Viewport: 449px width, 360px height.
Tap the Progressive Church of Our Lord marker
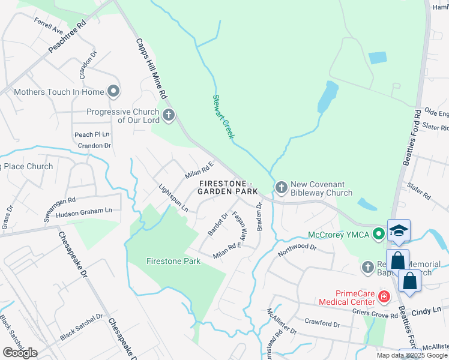click(x=169, y=115)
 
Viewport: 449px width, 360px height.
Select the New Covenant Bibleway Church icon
click(x=282, y=188)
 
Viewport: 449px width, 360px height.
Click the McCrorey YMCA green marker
click(x=378, y=234)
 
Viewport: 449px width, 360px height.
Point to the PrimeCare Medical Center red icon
click(x=383, y=297)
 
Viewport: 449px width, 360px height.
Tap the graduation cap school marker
click(x=399, y=231)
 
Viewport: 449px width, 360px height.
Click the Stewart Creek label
click(x=223, y=116)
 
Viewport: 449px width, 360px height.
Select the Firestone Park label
click(x=173, y=262)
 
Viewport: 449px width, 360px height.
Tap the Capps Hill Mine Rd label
click(x=151, y=69)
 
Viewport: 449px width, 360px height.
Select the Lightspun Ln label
click(x=173, y=197)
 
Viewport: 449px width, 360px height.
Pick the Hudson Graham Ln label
click(x=83, y=212)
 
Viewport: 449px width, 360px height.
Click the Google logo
click(x=20, y=353)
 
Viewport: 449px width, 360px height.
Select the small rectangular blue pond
click(x=378, y=58)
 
